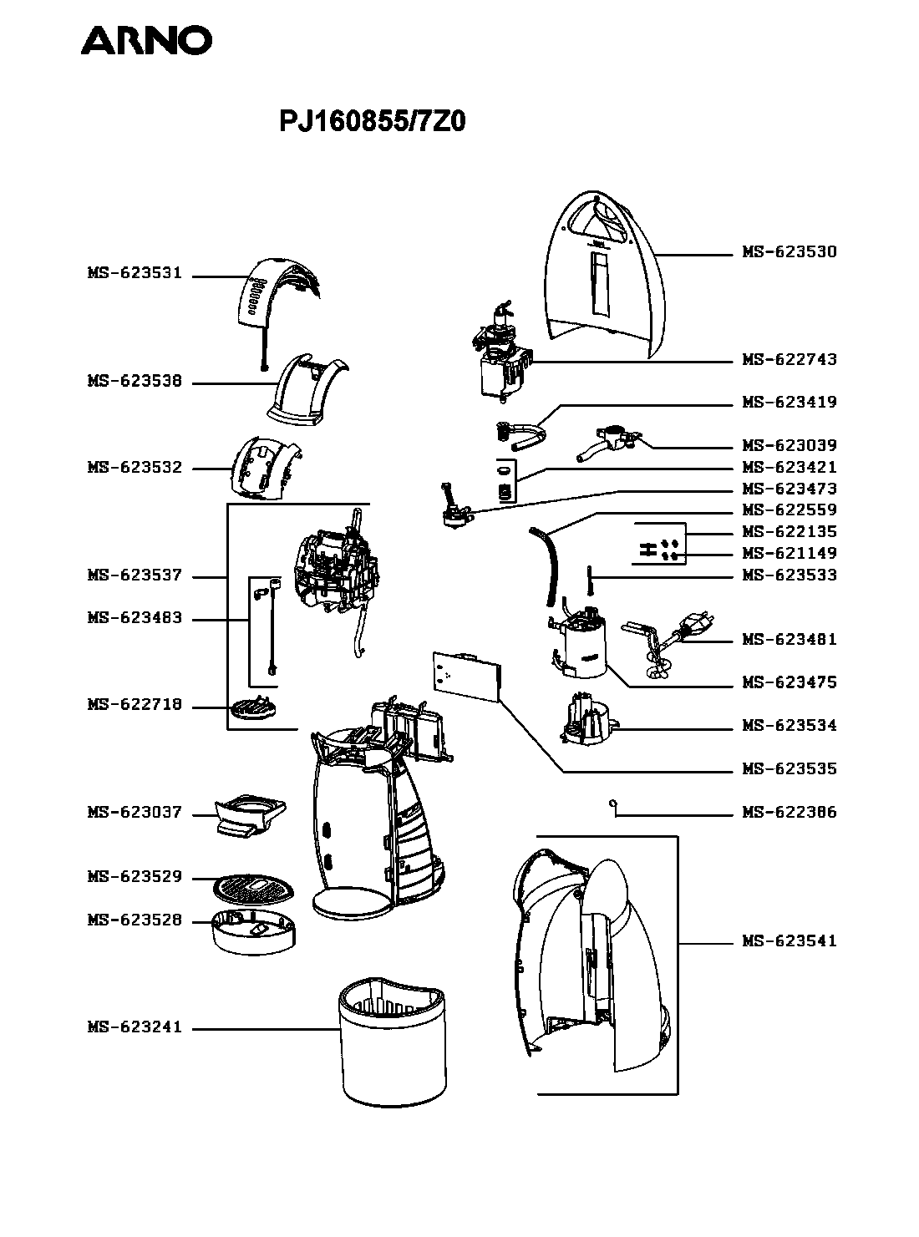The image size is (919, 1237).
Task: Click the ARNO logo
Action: (x=146, y=40)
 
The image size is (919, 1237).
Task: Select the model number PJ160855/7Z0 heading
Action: (x=372, y=122)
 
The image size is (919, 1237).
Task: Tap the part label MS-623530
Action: (x=790, y=251)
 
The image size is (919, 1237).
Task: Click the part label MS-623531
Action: (x=135, y=273)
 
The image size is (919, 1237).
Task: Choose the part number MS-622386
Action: (x=790, y=812)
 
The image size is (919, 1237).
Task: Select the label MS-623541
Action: (x=790, y=940)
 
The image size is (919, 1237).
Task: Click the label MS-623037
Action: (x=135, y=812)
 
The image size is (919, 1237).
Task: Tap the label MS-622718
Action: (x=135, y=704)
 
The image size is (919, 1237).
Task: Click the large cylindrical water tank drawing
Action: (x=393, y=1042)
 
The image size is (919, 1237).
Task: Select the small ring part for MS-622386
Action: (x=612, y=804)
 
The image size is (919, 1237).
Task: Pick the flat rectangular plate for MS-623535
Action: (x=467, y=675)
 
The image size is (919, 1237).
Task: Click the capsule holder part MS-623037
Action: (x=250, y=816)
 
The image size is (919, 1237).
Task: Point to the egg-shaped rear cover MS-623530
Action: (x=604, y=275)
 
